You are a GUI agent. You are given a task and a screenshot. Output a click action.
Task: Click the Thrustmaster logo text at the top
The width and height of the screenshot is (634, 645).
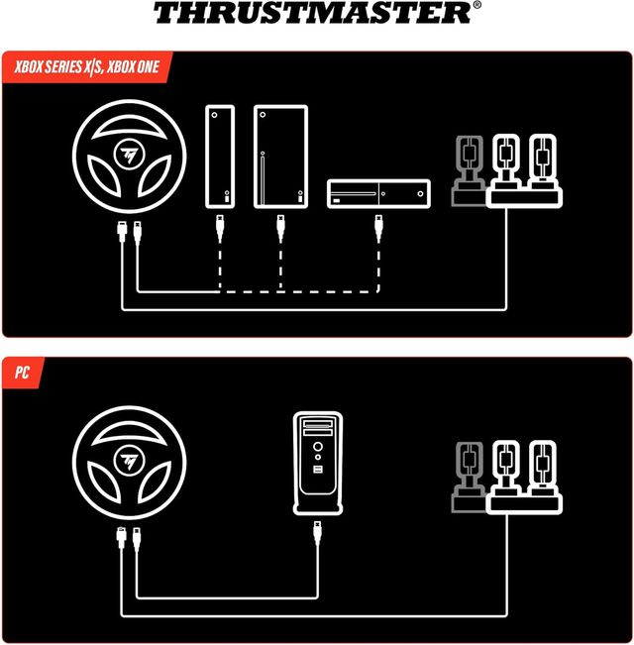311,14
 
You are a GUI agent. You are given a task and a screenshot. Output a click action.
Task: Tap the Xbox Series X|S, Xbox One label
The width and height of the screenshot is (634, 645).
89,68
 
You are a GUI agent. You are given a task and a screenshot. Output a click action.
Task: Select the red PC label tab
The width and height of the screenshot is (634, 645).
21,375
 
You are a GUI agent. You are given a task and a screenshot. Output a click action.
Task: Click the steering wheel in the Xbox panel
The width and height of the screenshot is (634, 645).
129,157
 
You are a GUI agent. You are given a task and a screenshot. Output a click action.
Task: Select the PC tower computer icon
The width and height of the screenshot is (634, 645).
317,462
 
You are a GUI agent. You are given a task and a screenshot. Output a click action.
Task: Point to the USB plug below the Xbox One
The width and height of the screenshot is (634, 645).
378,229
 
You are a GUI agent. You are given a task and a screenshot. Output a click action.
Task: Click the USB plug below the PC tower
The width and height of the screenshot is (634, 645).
317,534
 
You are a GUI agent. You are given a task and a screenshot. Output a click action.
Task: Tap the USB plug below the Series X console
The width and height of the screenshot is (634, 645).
279,229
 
